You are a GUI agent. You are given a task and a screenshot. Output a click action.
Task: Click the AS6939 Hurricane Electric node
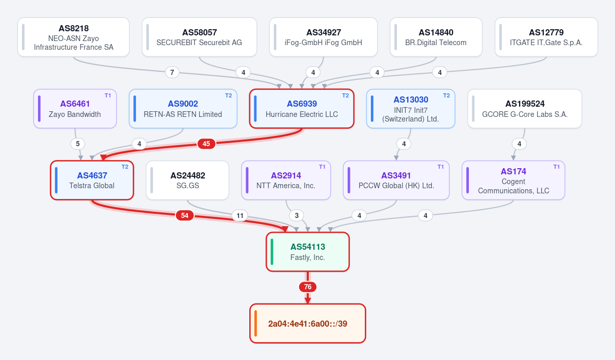pyautogui.click(x=302, y=109)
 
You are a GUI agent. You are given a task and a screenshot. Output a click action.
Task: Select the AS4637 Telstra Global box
pyautogui.click(x=92, y=180)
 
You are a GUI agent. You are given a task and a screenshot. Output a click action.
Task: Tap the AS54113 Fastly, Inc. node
pyautogui.click(x=308, y=252)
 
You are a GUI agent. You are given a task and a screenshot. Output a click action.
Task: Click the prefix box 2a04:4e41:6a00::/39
pyautogui.click(x=308, y=324)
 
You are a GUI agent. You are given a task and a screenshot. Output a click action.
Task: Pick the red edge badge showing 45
pyautogui.click(x=206, y=144)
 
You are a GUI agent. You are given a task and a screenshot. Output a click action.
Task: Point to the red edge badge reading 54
pyautogui.click(x=185, y=215)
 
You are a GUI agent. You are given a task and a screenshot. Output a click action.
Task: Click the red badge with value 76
pyautogui.click(x=308, y=287)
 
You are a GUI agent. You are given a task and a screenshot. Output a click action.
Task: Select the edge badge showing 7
pyautogui.click(x=172, y=72)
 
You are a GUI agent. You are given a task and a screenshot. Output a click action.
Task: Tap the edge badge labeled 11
pyautogui.click(x=240, y=215)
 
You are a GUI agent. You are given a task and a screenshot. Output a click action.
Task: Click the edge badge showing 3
pyautogui.click(x=297, y=215)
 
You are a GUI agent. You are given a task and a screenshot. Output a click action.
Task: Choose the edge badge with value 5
pyautogui.click(x=77, y=144)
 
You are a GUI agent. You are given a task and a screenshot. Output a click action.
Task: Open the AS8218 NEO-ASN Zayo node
pyautogui.click(x=73, y=37)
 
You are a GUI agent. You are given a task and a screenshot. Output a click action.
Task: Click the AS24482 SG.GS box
pyautogui.click(x=188, y=180)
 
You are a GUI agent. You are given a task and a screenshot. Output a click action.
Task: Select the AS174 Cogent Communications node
pyautogui.click(x=513, y=180)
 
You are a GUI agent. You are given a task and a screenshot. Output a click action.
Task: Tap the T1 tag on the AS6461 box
pyautogui.click(x=108, y=96)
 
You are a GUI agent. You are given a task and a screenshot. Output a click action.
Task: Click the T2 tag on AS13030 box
pyautogui.click(x=446, y=96)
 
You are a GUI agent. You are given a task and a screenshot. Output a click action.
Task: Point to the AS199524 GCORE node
pyautogui.click(x=525, y=109)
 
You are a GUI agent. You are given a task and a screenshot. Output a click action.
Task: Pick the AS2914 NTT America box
pyautogui.click(x=286, y=180)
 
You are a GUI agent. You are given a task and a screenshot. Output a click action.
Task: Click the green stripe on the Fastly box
pyautogui.click(x=272, y=252)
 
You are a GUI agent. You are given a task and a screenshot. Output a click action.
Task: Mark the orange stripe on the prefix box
pyautogui.click(x=256, y=324)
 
